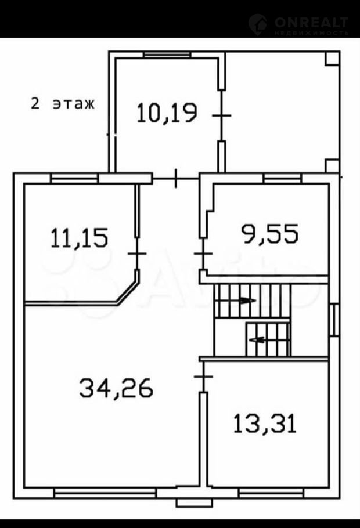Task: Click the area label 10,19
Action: coord(167,113)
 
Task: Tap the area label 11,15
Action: coord(79,238)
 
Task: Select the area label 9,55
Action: coord(270,234)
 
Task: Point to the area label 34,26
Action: coord(116,388)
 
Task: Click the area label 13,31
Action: coord(265,424)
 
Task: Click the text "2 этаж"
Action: coord(63,103)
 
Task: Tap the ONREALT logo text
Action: coord(311,23)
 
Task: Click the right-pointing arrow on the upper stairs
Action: coord(247,301)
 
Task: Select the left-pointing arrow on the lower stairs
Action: coord(256,340)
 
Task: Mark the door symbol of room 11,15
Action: coord(137,253)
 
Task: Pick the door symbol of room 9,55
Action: coord(203,253)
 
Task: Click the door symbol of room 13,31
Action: coord(203,377)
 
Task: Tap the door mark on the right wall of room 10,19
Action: coord(221,115)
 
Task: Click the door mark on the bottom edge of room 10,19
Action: coord(175,179)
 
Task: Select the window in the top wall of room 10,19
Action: coord(167,55)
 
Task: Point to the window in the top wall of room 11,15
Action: coord(74,179)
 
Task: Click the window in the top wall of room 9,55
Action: coord(282,179)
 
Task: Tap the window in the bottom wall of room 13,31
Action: coord(271,493)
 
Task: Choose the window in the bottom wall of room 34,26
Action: coord(105,493)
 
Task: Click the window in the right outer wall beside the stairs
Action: coord(334,320)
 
